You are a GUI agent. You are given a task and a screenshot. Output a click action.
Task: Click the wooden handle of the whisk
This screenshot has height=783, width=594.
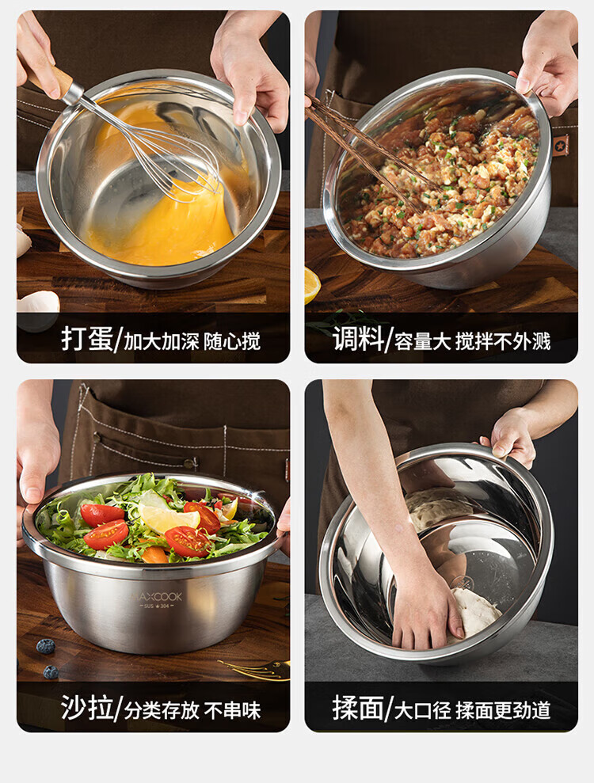50,81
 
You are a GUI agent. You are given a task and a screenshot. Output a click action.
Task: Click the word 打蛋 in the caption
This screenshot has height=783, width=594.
87,340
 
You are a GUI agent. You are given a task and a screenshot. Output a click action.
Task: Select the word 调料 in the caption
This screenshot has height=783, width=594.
358,340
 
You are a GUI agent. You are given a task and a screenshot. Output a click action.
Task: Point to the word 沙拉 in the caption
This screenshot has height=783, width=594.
87,708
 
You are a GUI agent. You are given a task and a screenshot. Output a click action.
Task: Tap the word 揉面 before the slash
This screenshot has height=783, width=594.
358,708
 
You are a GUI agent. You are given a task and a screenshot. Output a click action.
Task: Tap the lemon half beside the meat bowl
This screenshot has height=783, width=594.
312,285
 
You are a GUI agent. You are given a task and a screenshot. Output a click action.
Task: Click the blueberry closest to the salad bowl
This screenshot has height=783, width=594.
45,646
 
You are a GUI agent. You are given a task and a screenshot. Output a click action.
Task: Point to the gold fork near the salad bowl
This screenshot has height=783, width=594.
255,669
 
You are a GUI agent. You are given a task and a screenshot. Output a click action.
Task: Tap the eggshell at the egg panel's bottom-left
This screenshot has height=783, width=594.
39,302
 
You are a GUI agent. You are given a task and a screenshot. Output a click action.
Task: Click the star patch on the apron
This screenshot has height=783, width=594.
561,145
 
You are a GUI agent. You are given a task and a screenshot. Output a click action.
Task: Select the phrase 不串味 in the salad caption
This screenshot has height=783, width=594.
232,710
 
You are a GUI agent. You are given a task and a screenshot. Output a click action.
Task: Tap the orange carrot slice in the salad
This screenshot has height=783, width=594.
155,553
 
